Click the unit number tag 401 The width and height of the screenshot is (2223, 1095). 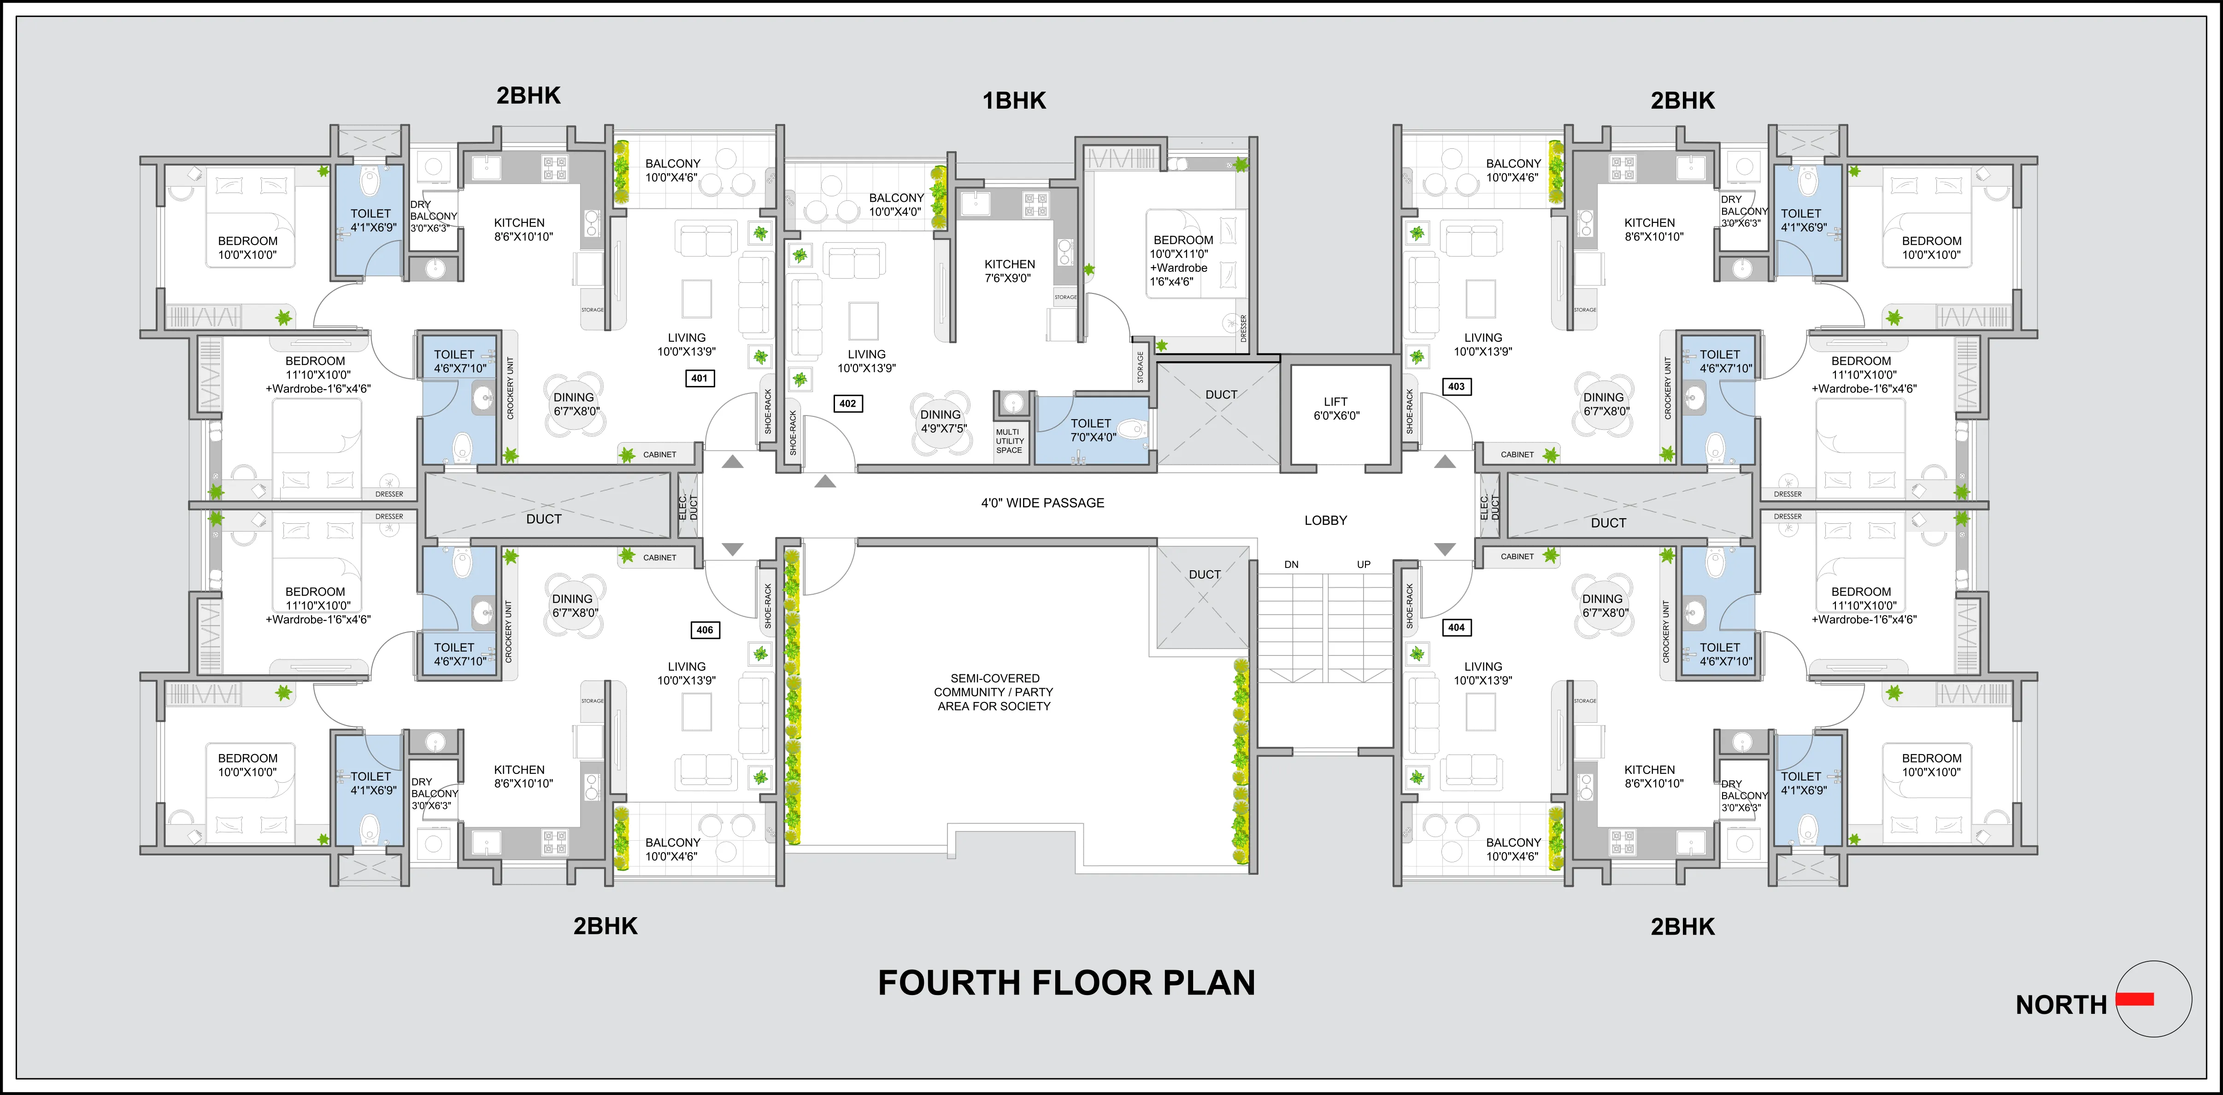pyautogui.click(x=700, y=378)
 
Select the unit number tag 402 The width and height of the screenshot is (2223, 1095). pyautogui.click(x=848, y=403)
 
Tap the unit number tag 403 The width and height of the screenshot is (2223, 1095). pyautogui.click(x=1457, y=386)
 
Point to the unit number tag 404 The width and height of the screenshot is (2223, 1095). pyautogui.click(x=1457, y=627)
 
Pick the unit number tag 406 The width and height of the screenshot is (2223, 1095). pyautogui.click(x=705, y=630)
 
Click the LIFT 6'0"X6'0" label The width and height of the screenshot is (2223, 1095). pyautogui.click(x=1336, y=408)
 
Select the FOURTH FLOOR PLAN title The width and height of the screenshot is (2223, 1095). pyautogui.click(x=1067, y=983)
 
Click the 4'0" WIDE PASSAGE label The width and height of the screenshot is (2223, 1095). pyautogui.click(x=1042, y=503)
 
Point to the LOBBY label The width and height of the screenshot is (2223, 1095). pyautogui.click(x=1325, y=520)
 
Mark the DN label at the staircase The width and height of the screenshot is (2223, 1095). pyautogui.click(x=1291, y=564)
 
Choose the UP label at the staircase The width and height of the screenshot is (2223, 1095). pyautogui.click(x=1364, y=564)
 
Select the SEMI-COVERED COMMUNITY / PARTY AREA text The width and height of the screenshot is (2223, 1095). pyautogui.click(x=994, y=692)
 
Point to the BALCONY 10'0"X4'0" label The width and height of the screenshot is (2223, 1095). pyautogui.click(x=896, y=205)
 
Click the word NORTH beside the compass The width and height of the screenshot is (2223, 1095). pyautogui.click(x=2061, y=1005)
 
